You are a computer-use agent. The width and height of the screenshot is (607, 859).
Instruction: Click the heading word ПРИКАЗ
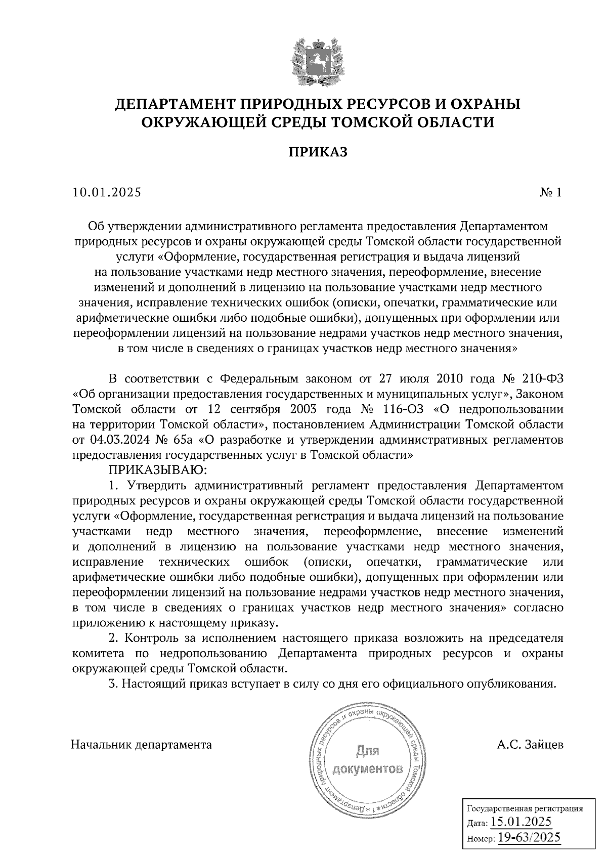[x=318, y=152]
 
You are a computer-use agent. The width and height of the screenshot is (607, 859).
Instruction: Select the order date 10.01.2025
[x=107, y=192]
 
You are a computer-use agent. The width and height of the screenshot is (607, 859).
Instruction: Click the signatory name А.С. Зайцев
[x=530, y=745]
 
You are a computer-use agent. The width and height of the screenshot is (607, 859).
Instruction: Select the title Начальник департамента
[x=142, y=745]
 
